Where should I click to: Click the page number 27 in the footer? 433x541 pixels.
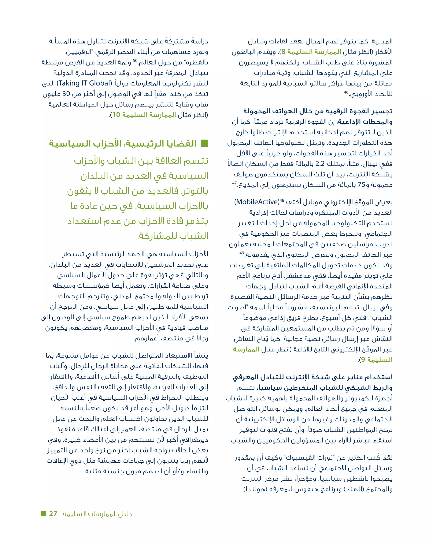53,514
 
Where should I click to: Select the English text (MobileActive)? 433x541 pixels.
256,202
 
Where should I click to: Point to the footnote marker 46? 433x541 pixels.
346,92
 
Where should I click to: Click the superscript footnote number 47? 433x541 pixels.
234,183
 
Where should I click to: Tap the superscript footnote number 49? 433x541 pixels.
242,253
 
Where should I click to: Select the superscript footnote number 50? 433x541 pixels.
135,61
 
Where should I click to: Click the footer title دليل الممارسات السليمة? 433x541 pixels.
97,514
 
